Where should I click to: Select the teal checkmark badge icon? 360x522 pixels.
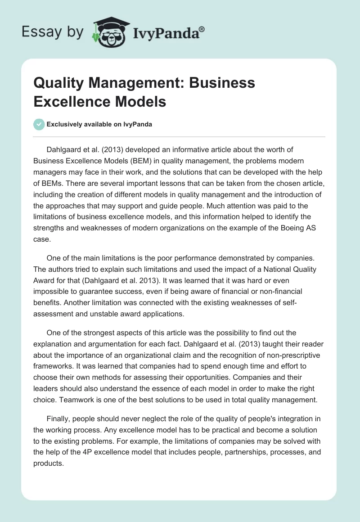pos(40,124)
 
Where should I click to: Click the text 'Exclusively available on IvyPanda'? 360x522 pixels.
pos(99,124)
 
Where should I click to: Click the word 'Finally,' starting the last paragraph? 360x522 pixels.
pos(60,419)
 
